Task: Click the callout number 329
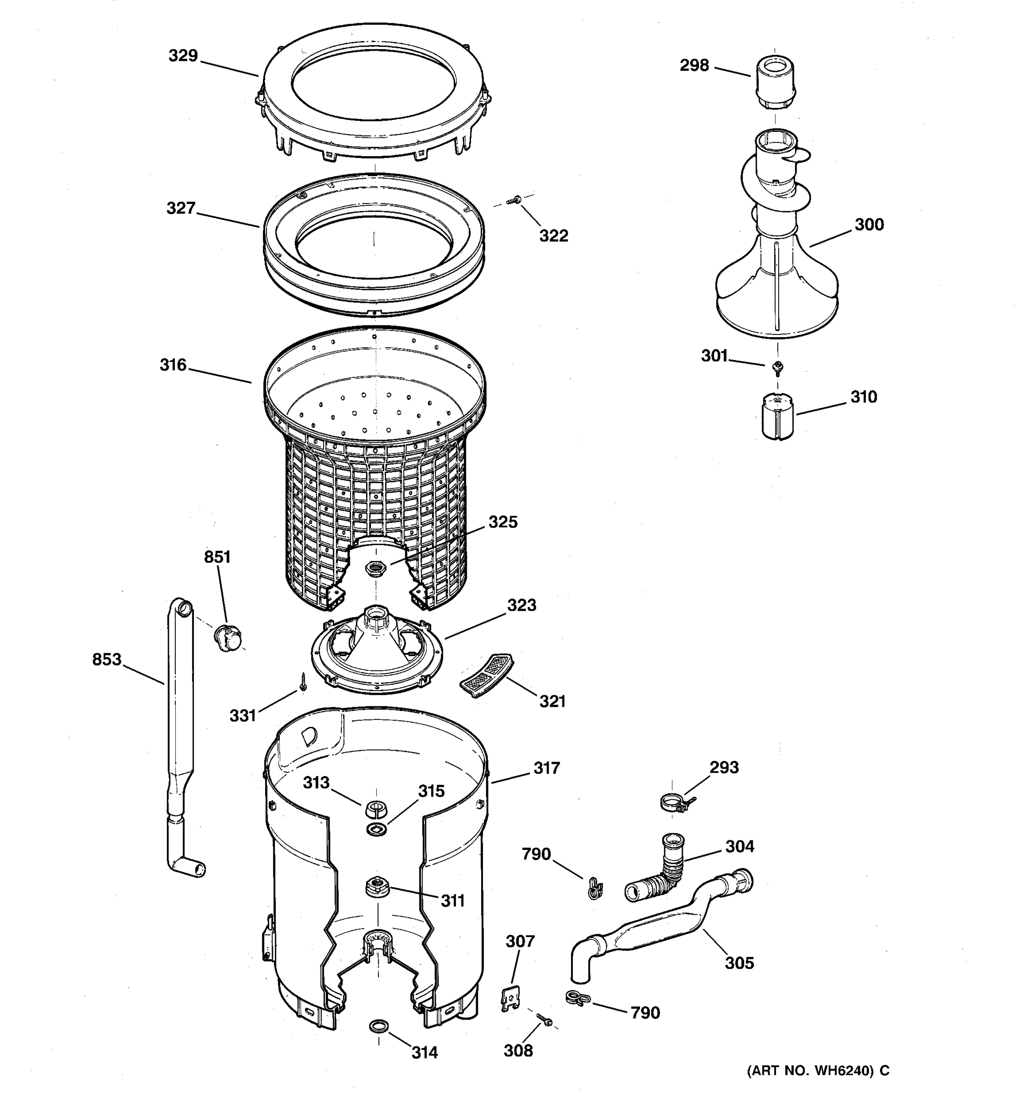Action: click(183, 56)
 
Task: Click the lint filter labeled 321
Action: click(487, 675)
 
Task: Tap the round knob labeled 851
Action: click(227, 637)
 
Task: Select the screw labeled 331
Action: click(303, 681)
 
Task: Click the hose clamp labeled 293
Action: click(675, 803)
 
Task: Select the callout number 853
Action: click(107, 659)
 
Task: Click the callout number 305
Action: click(739, 962)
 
